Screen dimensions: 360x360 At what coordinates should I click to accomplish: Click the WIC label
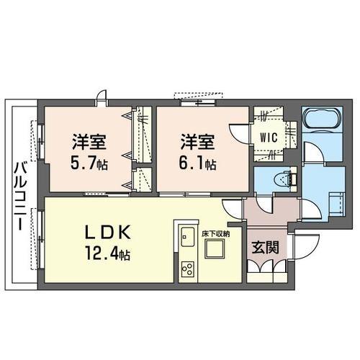[269, 138]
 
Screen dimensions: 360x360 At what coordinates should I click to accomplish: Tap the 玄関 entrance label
[265, 248]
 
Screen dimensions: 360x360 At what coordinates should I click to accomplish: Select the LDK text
[108, 232]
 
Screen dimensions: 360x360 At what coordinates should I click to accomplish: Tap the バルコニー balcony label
[19, 197]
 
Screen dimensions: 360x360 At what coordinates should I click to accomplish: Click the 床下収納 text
[216, 234]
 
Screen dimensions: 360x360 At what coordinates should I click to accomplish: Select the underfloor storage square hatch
[215, 249]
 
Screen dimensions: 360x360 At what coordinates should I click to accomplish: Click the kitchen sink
[188, 236]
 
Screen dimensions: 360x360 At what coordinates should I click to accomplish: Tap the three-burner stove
[188, 269]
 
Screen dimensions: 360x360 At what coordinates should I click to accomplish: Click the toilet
[286, 179]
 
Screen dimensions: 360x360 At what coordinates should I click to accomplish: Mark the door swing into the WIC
[240, 134]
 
